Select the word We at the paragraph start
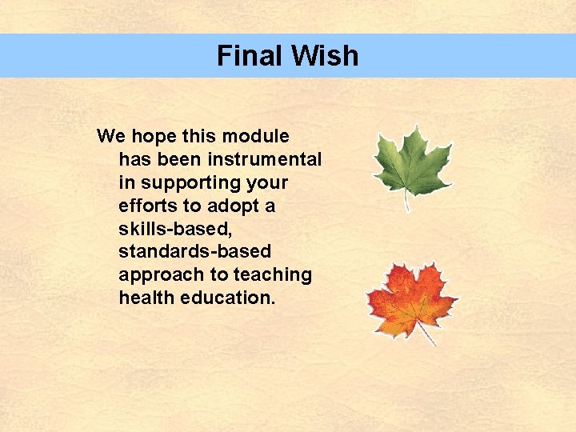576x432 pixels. (x=109, y=136)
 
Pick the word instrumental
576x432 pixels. (x=262, y=159)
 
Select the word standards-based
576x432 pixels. (x=194, y=252)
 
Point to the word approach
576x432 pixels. (x=160, y=275)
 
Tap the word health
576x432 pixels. (x=145, y=298)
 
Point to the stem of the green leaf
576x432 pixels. (x=407, y=202)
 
